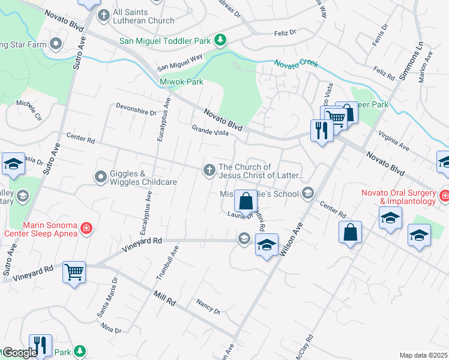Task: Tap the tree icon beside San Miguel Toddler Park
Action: pos(221,40)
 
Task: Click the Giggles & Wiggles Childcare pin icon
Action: pos(100,177)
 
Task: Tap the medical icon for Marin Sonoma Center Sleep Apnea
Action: pos(86,228)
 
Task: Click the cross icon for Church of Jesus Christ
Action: pos(209,171)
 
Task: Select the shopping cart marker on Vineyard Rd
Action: pos(74,272)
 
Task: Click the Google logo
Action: pos(19,353)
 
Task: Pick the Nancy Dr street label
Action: pos(209,307)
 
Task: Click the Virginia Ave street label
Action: pos(393,142)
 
